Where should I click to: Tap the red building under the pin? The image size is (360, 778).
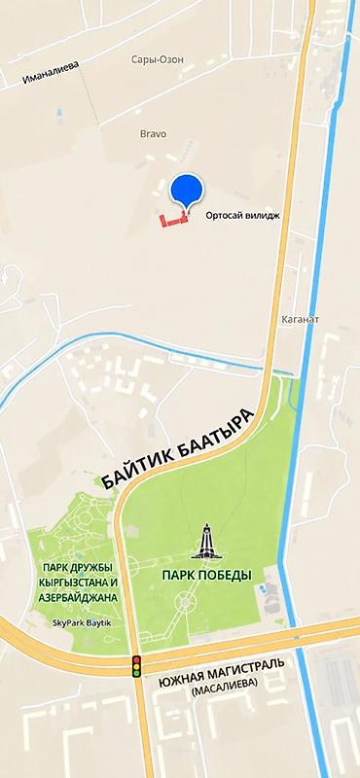(x=174, y=221)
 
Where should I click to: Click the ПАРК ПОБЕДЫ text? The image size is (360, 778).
(x=206, y=576)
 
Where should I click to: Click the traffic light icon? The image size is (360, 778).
(x=137, y=666)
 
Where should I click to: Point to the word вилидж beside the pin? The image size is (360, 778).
(x=263, y=217)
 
